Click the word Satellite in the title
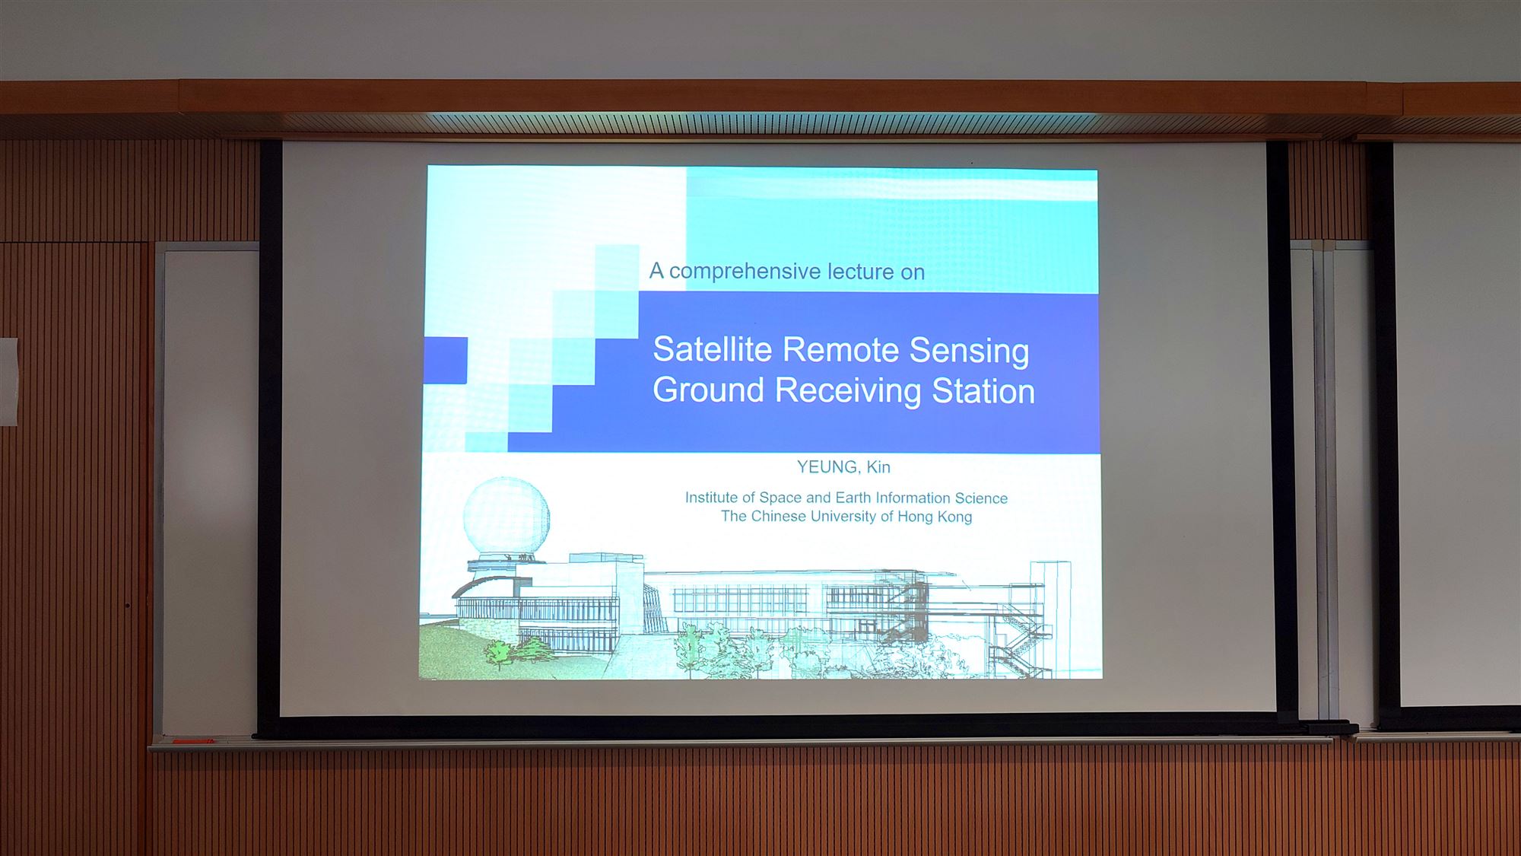(x=713, y=350)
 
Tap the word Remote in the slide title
(x=841, y=350)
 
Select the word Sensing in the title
(x=970, y=352)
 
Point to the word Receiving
(x=849, y=391)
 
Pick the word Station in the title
(x=983, y=392)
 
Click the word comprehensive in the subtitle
(x=745, y=272)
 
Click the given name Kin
(x=878, y=467)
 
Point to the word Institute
(x=711, y=498)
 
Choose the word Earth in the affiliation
(x=853, y=498)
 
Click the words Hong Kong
(x=935, y=517)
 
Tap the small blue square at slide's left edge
(x=446, y=361)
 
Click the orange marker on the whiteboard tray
(x=195, y=740)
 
